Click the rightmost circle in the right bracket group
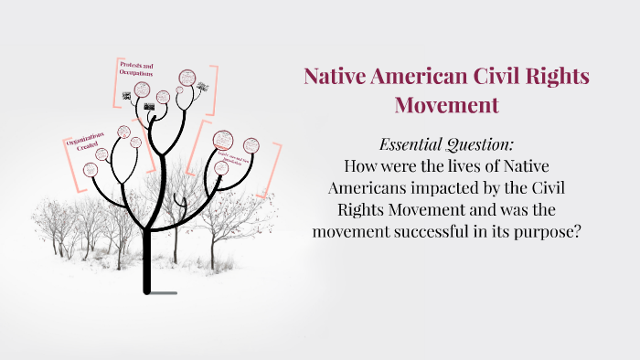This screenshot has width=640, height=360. (250, 147)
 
